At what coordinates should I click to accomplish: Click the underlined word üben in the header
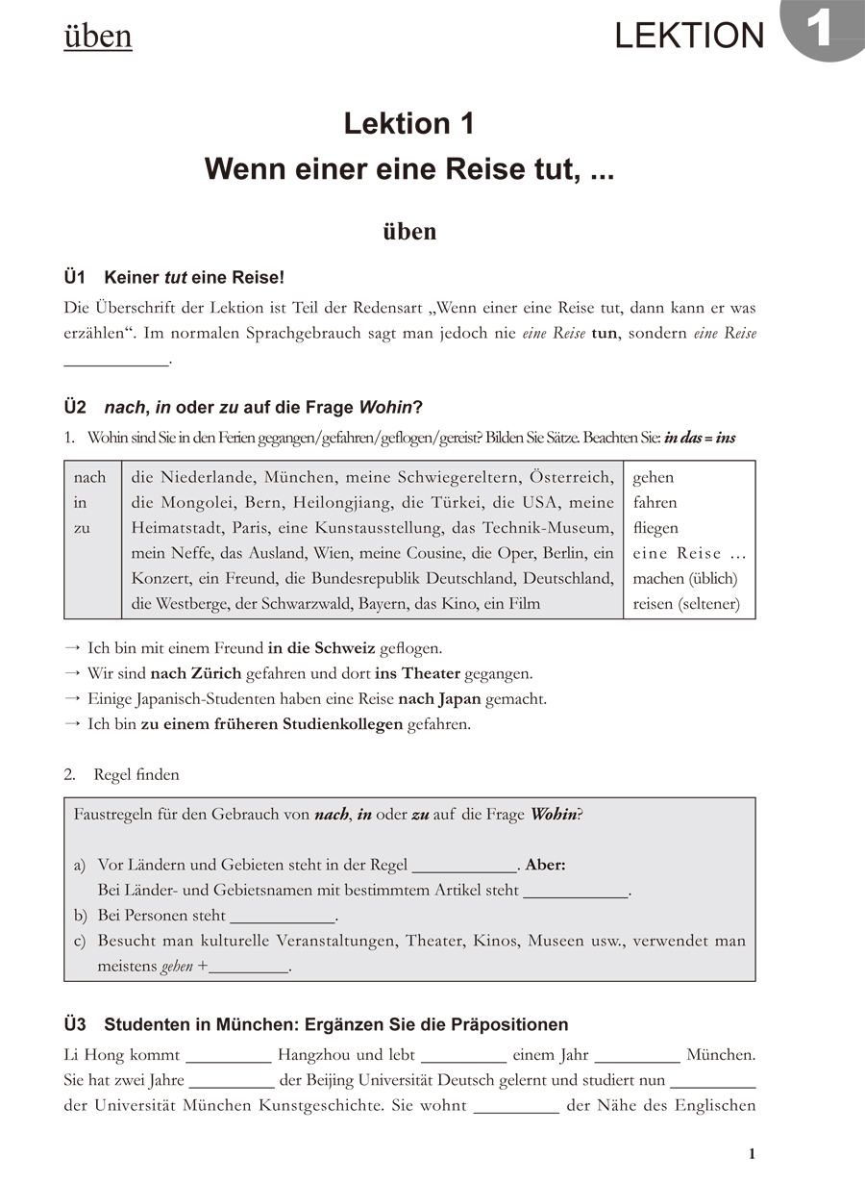pos(98,37)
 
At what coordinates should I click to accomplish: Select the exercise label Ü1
pos(75,278)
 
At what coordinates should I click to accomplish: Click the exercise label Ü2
pos(75,407)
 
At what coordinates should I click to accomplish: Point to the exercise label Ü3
pos(75,1024)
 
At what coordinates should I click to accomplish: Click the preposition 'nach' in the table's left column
pos(90,477)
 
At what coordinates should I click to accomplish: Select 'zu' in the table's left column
pos(82,527)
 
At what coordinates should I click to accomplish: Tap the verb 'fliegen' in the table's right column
pos(655,527)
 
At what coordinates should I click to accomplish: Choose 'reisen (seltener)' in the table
pos(687,604)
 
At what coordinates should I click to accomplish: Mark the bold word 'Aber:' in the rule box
pos(545,865)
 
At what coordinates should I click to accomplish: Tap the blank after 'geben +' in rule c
pos(249,968)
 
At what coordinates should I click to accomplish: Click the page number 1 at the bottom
pos(752,1154)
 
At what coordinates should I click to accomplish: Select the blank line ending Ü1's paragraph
pos(115,362)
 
